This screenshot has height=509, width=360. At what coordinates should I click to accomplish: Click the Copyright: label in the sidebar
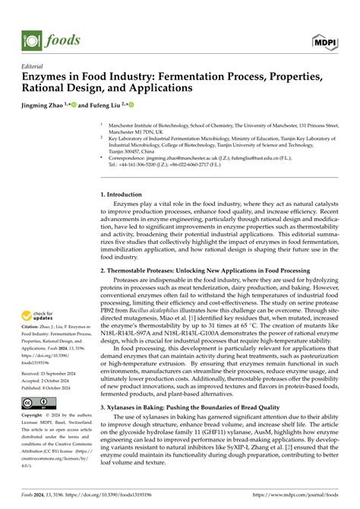point(35,416)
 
